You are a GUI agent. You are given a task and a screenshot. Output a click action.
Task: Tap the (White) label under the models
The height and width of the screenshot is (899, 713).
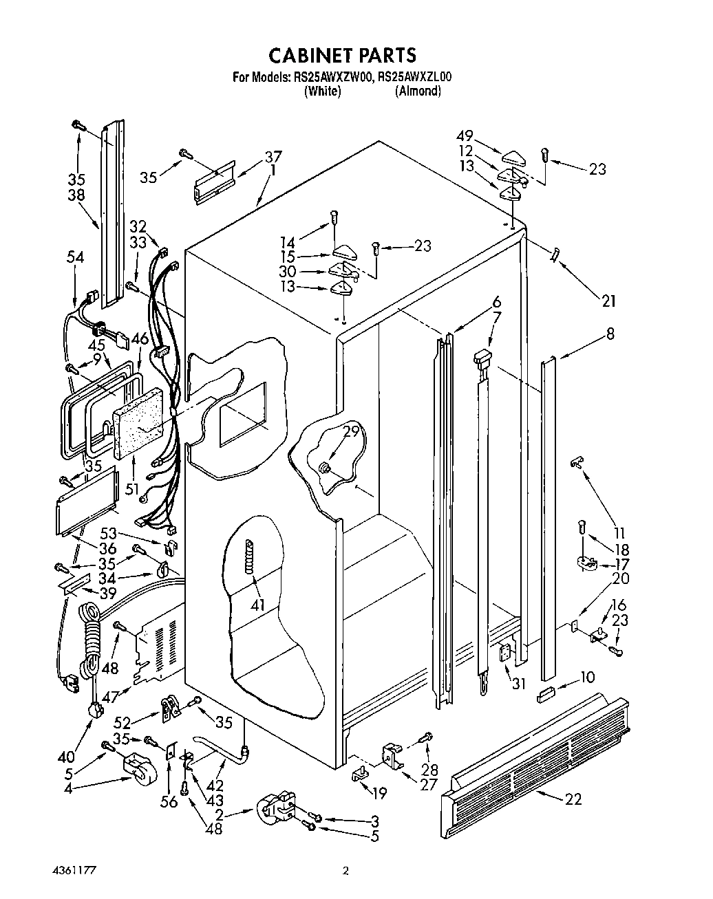[322, 91]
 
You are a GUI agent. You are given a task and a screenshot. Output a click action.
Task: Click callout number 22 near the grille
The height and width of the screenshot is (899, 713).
[573, 799]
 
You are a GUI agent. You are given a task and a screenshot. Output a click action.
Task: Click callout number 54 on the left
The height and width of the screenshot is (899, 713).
[75, 257]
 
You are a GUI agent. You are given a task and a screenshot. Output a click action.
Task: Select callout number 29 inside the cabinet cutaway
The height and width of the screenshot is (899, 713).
[351, 431]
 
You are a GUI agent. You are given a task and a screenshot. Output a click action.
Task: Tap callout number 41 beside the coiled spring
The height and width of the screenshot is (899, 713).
[257, 605]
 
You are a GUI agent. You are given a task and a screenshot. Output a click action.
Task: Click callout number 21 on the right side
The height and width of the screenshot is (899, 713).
[608, 301]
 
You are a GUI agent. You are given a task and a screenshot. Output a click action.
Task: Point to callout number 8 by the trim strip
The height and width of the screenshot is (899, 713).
[610, 334]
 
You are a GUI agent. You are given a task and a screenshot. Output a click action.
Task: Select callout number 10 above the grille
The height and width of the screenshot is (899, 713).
[587, 677]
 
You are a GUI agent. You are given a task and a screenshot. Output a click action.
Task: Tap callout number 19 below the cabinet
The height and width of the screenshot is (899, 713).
[379, 792]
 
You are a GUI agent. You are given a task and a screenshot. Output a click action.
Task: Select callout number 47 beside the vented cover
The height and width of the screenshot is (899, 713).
[109, 696]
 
